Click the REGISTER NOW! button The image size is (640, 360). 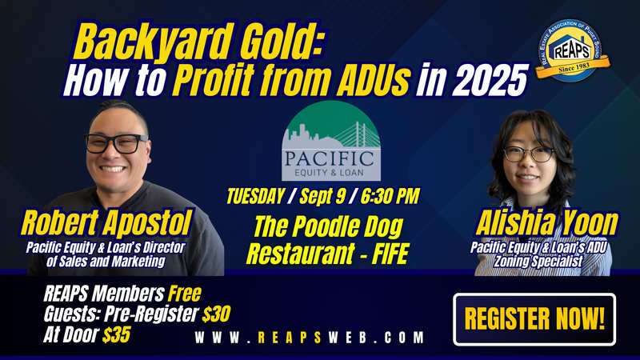click(534, 319)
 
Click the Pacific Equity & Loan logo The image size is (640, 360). click(331, 141)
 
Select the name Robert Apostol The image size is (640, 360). click(106, 223)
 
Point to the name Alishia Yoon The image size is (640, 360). click(547, 223)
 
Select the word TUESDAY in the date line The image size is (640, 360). click(255, 196)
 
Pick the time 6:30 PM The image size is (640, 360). click(390, 196)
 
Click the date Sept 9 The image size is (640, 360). click(322, 196)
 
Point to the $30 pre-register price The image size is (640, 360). click(216, 314)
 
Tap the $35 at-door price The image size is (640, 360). click(116, 334)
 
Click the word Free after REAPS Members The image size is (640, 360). click(185, 293)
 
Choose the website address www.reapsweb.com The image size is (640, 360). click(309, 338)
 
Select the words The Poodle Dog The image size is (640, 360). click(329, 227)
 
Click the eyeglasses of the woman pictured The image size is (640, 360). click(529, 154)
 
